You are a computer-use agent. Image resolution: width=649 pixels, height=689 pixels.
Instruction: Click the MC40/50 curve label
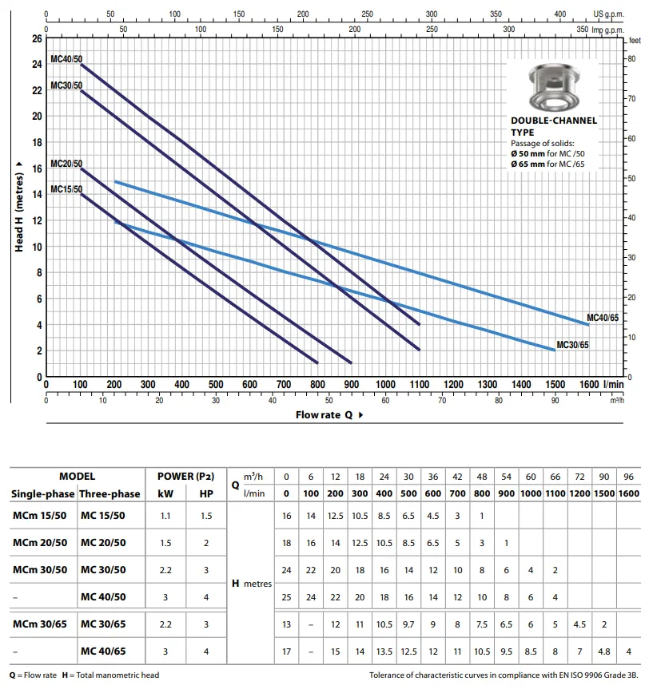tap(66, 59)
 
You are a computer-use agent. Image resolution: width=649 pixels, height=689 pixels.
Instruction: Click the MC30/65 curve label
tap(572, 345)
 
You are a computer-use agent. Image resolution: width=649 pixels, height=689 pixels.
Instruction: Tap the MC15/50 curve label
tap(66, 189)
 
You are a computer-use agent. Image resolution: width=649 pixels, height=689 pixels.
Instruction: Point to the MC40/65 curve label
tap(603, 318)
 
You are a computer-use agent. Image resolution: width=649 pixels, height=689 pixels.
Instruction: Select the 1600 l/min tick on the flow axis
tap(590, 384)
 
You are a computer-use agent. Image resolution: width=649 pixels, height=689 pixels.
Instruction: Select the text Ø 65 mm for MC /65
tap(553, 164)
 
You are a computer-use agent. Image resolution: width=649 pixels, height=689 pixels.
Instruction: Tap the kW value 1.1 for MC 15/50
tap(165, 516)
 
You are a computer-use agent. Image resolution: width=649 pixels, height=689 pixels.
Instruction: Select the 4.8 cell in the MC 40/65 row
tap(604, 651)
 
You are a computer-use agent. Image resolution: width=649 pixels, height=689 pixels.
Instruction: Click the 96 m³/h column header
tap(628, 477)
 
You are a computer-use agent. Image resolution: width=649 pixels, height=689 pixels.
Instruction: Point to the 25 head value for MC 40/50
tap(287, 597)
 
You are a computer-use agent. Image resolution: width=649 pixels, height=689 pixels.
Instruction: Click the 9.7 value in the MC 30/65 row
tap(408, 624)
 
